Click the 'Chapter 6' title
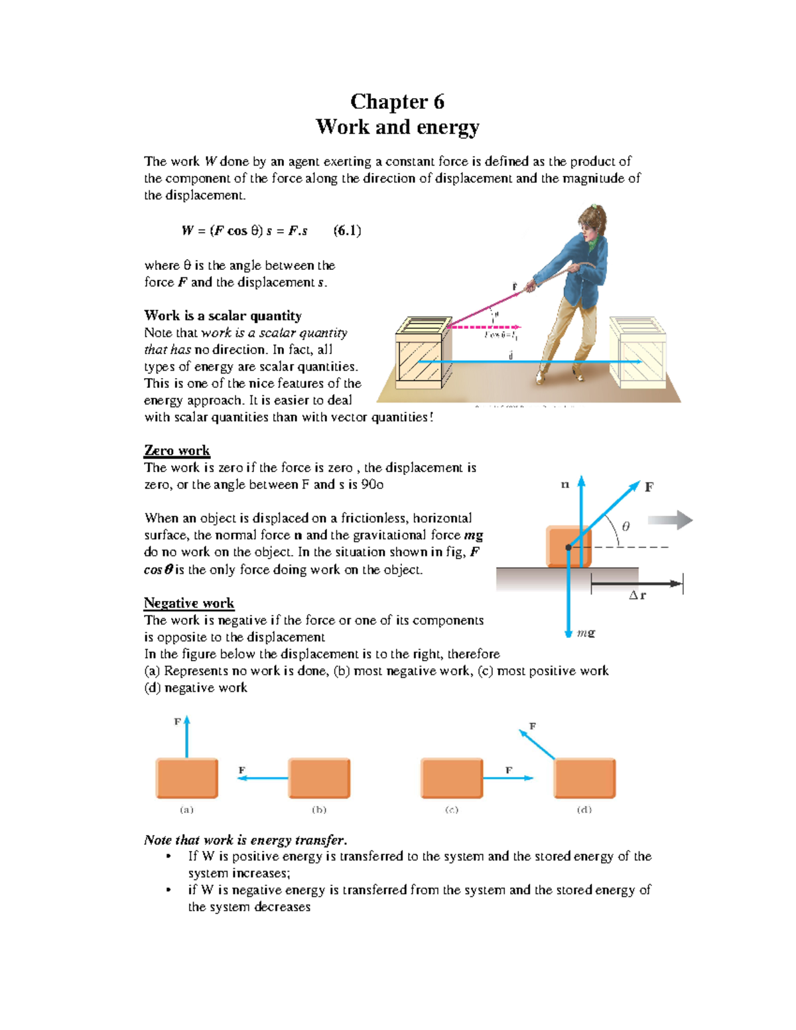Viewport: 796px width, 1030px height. [x=397, y=101]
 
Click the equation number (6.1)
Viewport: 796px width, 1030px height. [x=347, y=231]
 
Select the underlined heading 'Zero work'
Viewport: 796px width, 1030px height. [x=176, y=451]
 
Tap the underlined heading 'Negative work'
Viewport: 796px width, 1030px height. [x=189, y=603]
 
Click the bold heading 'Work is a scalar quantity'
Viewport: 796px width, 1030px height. [x=223, y=316]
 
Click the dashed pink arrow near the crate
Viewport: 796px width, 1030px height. [x=484, y=327]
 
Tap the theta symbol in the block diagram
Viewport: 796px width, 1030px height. [x=626, y=527]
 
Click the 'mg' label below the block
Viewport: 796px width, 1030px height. [x=586, y=633]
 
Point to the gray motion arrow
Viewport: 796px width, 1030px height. [x=670, y=520]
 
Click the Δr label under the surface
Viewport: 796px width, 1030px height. [x=637, y=596]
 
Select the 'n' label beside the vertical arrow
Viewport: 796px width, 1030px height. [x=565, y=485]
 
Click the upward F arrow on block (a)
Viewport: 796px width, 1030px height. [x=187, y=736]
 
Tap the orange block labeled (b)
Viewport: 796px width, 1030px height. [x=319, y=778]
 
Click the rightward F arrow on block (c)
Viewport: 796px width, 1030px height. [x=507, y=778]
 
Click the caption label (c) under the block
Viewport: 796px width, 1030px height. [x=452, y=810]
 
